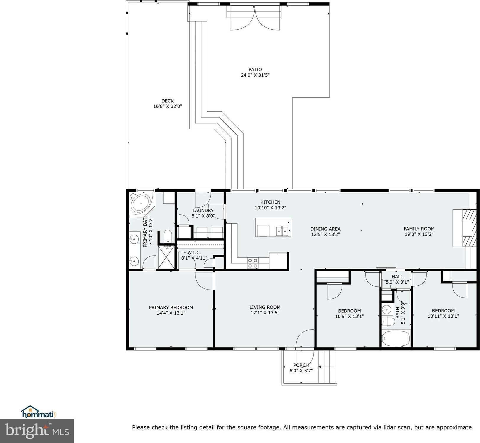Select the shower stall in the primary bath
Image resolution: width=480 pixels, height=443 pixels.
tap(166, 257)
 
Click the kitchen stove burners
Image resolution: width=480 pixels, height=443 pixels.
tap(253, 263)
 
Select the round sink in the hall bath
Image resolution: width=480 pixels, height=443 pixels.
tap(386, 310)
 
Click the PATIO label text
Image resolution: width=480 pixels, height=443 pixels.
tap(255, 69)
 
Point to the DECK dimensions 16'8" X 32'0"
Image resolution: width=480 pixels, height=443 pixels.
tap(167, 106)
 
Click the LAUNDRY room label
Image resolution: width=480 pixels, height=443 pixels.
tap(203, 211)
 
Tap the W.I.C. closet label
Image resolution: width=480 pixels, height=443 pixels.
tap(194, 253)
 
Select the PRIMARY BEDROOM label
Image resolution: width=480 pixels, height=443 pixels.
tap(171, 308)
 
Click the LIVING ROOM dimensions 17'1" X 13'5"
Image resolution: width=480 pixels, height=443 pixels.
tap(265, 313)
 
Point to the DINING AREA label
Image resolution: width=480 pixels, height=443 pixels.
tap(325, 229)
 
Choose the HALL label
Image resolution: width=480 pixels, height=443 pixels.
tap(397, 277)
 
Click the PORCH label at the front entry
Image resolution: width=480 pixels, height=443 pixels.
tap(301, 365)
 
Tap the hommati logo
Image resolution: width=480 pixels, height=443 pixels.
tap(38, 412)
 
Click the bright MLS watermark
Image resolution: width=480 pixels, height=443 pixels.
tap(37, 431)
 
